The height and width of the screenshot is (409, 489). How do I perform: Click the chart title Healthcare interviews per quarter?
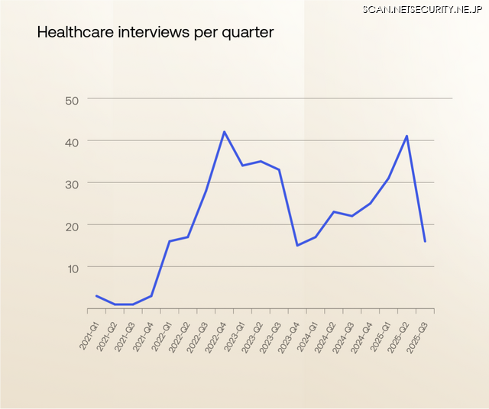155,33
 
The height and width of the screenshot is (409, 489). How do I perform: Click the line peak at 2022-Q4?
224,132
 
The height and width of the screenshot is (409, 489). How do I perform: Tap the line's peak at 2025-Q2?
406,136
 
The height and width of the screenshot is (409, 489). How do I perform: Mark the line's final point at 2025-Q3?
425,241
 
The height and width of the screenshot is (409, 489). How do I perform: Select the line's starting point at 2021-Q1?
96,295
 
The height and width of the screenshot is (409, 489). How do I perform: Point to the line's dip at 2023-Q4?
297,245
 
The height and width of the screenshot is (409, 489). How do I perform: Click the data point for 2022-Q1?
170,241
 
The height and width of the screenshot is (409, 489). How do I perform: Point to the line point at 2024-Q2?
334,211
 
